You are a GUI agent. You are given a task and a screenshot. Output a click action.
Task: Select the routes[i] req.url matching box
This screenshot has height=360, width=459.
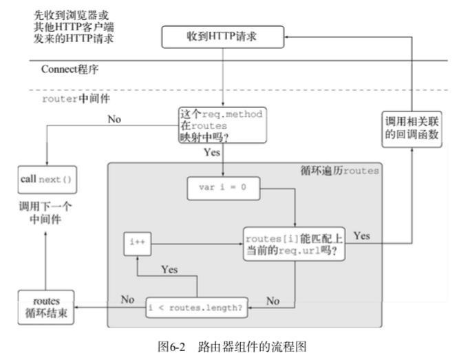tap(295, 243)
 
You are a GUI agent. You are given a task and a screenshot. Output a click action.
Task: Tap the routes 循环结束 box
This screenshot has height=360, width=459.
tap(45, 306)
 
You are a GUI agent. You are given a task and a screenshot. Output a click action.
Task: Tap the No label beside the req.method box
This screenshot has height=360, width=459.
tap(114, 118)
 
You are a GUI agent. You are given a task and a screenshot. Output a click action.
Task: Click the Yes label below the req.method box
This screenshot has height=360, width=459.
tap(211, 152)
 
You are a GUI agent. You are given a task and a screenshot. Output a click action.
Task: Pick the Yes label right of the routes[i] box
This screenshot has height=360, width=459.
tap(362, 235)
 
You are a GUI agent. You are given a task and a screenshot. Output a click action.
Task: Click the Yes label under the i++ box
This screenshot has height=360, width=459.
tap(169, 269)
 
